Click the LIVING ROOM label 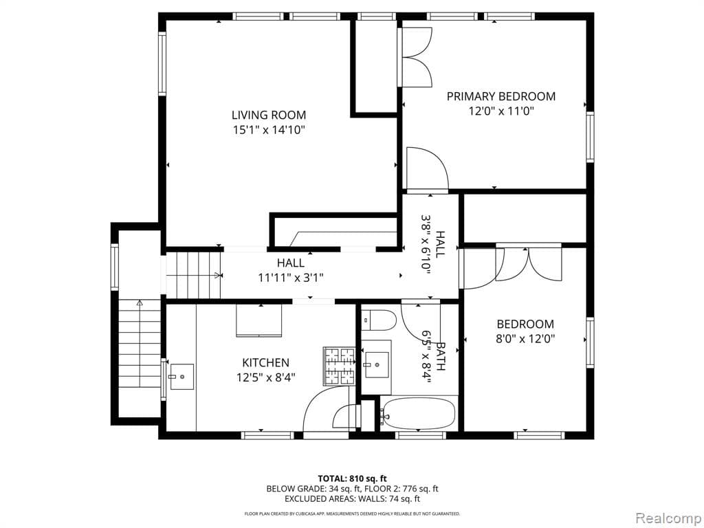(x=268, y=115)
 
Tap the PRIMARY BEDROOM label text (x=500, y=96)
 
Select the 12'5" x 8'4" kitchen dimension (x=265, y=377)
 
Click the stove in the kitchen (x=339, y=366)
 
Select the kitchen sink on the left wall (x=181, y=376)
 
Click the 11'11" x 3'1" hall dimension (x=290, y=278)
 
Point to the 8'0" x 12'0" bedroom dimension (x=525, y=338)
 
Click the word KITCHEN (x=265, y=362)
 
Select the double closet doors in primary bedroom (x=417, y=57)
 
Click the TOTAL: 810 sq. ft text (x=352, y=478)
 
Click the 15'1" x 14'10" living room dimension (x=268, y=130)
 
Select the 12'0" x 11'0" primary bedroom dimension (x=500, y=111)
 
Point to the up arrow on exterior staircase (x=140, y=302)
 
